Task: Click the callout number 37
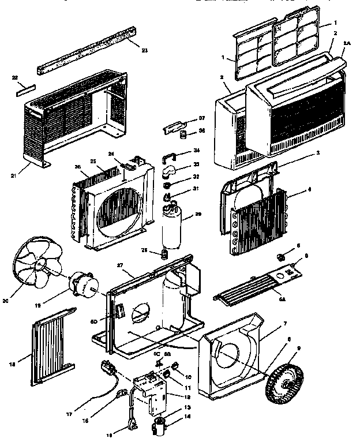tap(202, 118)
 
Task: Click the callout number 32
tap(196, 177)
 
